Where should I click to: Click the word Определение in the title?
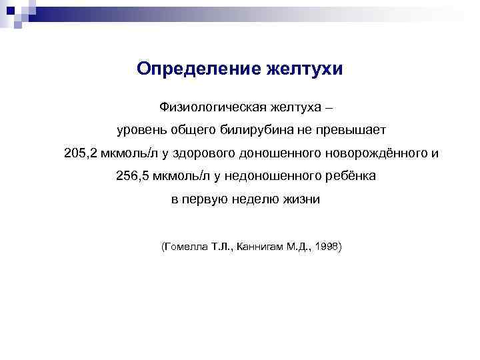[191, 69]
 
